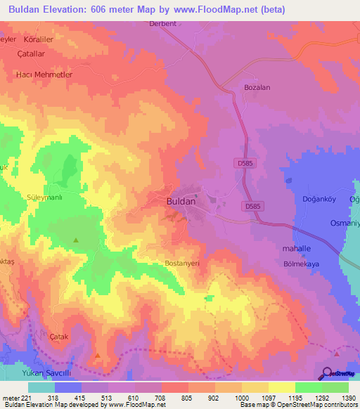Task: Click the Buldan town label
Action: (x=181, y=201)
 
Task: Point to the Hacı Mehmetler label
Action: (x=45, y=74)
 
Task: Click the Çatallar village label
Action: (x=31, y=53)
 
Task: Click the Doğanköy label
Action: (x=310, y=200)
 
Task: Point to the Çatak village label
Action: (x=58, y=337)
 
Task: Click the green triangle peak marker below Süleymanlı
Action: (x=76, y=240)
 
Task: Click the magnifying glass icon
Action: (x=327, y=373)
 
